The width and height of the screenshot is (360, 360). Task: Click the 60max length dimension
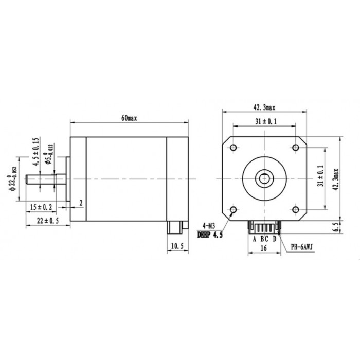point(129,118)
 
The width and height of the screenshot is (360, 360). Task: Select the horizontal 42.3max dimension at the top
point(264,107)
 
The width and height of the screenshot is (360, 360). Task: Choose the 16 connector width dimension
point(263,248)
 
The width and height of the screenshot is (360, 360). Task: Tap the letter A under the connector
point(254,239)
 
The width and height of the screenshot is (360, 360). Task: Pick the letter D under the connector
point(274,239)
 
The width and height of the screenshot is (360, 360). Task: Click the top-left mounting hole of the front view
point(233,148)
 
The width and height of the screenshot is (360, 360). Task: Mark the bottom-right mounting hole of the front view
point(296,210)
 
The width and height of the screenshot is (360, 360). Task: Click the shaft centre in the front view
point(264,179)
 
